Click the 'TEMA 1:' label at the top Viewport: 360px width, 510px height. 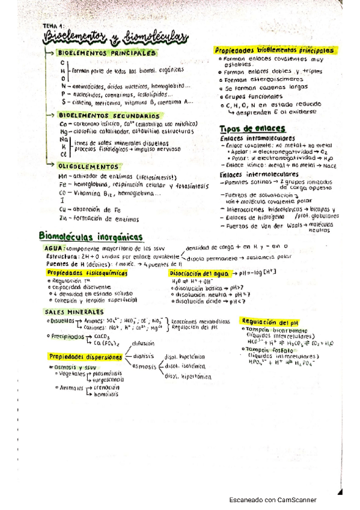pos(53,26)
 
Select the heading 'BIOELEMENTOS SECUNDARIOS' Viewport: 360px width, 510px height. pos(101,114)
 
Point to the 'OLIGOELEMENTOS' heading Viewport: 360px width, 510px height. pos(88,165)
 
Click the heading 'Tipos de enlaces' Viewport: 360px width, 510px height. pos(244,129)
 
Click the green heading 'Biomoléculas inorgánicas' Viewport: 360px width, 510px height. pos(90,236)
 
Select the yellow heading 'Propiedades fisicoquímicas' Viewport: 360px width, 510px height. pos(87,272)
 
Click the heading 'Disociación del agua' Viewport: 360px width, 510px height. pos(199,272)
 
